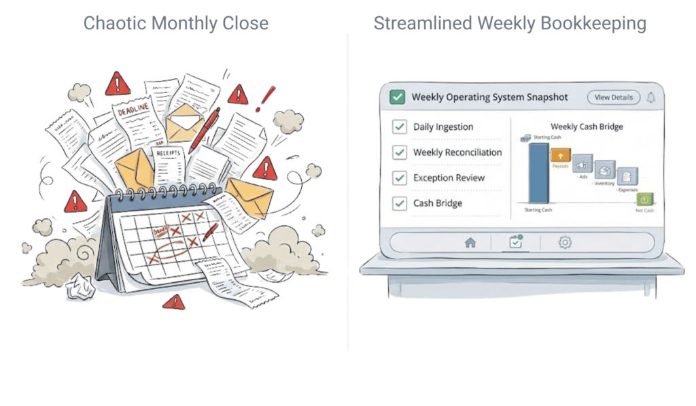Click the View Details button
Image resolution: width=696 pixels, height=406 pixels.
click(613, 97)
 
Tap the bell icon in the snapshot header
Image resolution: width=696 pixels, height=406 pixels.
click(650, 97)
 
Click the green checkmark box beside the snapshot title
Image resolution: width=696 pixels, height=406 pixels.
click(397, 97)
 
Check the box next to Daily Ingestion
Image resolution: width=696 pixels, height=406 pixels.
click(400, 127)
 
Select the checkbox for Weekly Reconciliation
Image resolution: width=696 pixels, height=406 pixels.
click(400, 152)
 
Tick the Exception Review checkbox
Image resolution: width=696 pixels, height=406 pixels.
click(400, 178)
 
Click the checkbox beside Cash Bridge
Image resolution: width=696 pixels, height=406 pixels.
click(400, 203)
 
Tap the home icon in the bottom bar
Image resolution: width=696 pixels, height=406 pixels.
click(470, 242)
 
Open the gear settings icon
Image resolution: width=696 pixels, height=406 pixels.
click(564, 242)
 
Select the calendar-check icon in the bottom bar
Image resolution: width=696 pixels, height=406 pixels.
click(515, 242)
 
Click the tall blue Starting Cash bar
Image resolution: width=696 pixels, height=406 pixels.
click(538, 173)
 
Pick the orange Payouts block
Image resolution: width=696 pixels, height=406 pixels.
click(560, 156)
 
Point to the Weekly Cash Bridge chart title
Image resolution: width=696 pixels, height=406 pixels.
click(587, 126)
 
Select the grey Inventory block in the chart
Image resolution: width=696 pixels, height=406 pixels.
click(604, 170)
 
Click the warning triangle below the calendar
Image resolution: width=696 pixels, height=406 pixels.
click(177, 302)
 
